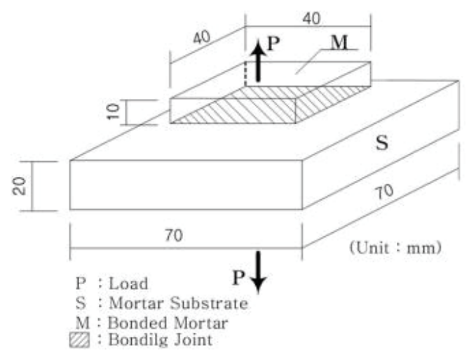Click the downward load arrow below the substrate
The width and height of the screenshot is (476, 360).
pyautogui.click(x=259, y=270)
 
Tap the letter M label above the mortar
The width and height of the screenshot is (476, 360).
pyautogui.click(x=339, y=43)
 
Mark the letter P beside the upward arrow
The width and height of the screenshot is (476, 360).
pyautogui.click(x=274, y=43)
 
